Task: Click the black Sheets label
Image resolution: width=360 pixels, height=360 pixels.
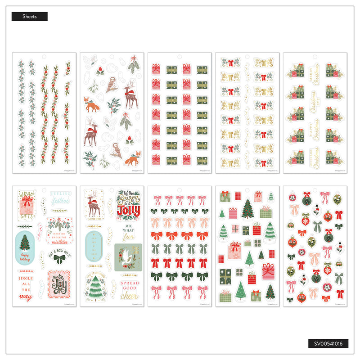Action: tap(29, 17)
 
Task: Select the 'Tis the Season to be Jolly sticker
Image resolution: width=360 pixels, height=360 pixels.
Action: tap(128, 204)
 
